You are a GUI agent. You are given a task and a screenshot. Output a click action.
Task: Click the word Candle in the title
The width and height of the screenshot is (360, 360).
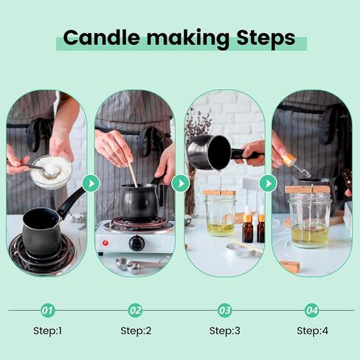pos(102,38)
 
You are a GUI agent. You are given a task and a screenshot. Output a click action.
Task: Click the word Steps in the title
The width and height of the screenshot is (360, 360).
pos(266,38)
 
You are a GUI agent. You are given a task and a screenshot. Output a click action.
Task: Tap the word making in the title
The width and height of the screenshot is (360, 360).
pos(188,39)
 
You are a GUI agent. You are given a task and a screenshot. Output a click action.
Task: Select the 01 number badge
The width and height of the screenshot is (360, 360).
pos(47,311)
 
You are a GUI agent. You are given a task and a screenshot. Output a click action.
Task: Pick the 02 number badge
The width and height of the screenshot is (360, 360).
pos(136,311)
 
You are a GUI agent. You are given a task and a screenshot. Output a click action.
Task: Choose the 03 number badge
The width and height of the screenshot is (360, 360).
pos(224,311)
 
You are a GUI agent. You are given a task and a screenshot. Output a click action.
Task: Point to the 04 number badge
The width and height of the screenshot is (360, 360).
pos(312,311)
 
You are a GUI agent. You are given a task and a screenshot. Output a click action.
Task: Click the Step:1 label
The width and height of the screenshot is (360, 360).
pos(47,330)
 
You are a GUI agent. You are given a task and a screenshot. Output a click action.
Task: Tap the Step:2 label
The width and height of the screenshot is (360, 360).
pos(136,330)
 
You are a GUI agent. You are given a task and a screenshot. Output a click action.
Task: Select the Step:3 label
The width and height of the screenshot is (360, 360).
pos(224,330)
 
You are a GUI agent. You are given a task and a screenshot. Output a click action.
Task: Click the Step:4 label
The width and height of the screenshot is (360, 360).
pos(312,330)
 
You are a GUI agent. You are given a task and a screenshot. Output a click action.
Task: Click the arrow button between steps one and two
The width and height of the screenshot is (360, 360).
pos(91,183)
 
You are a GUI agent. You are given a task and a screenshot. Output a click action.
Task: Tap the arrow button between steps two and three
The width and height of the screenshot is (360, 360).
pos(181,183)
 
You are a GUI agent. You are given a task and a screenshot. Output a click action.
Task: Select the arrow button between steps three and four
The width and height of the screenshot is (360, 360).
pos(269,183)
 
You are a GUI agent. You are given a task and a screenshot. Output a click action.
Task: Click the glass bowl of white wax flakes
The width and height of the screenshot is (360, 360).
pos(51,172)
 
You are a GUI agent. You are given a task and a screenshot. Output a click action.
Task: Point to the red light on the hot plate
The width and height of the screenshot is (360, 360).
pos(105,243)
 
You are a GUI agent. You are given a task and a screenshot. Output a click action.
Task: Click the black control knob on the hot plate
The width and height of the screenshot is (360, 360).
pos(136,243)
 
